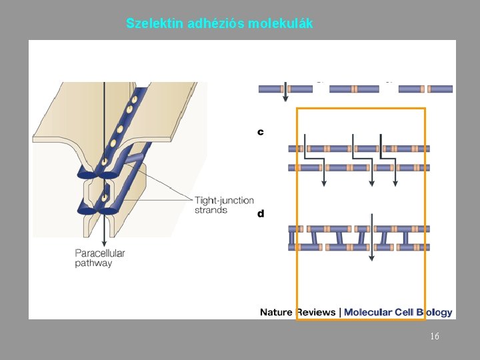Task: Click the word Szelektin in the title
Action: (155, 24)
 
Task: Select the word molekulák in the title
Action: (280, 24)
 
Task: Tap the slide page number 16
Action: (434, 337)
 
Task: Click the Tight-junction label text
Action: (224, 200)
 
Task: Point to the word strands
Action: (211, 210)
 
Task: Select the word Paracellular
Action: (100, 253)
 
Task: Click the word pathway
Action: (93, 263)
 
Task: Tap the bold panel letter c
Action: (261, 132)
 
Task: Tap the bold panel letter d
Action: (261, 214)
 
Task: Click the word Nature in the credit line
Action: (276, 312)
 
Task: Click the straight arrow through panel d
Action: (372, 233)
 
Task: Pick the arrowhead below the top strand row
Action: (285, 98)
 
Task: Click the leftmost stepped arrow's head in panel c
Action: (324, 183)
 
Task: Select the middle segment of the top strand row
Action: (355, 89)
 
